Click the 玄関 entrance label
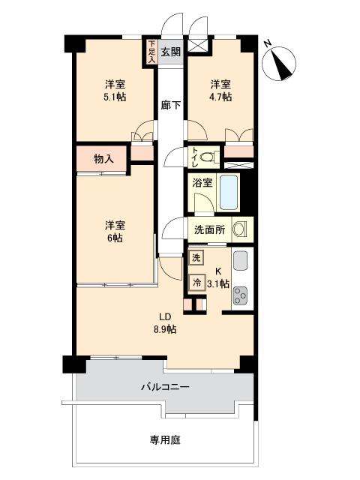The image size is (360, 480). [x=170, y=52]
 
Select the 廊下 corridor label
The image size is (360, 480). [x=171, y=105]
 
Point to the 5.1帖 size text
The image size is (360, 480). [x=115, y=97]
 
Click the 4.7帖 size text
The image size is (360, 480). [x=220, y=97]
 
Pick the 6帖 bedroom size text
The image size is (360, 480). [x=115, y=238]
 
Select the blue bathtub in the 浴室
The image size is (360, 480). [x=229, y=192]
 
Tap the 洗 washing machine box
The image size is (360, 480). [x=196, y=258]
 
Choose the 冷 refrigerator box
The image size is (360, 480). [x=196, y=282]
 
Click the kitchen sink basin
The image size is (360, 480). [x=241, y=261]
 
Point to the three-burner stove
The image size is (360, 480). [x=241, y=295]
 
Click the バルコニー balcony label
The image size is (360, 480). [x=165, y=387]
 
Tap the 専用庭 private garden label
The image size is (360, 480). [x=165, y=440]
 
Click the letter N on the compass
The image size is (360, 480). [x=268, y=43]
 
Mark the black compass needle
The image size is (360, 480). [x=283, y=66]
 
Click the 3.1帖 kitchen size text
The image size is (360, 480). [x=218, y=283]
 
